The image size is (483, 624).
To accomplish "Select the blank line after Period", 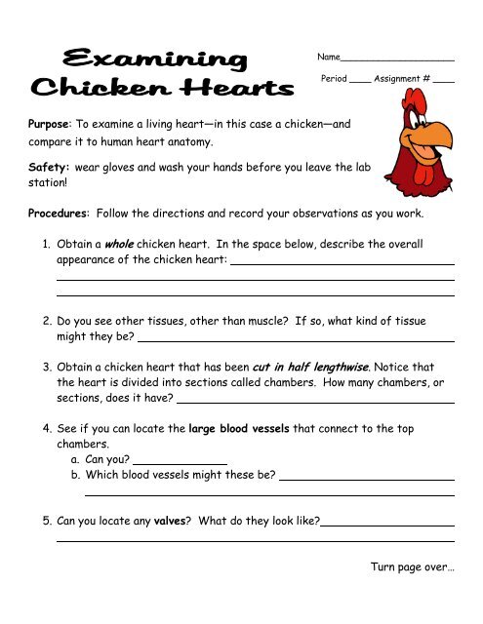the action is tap(359, 78).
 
